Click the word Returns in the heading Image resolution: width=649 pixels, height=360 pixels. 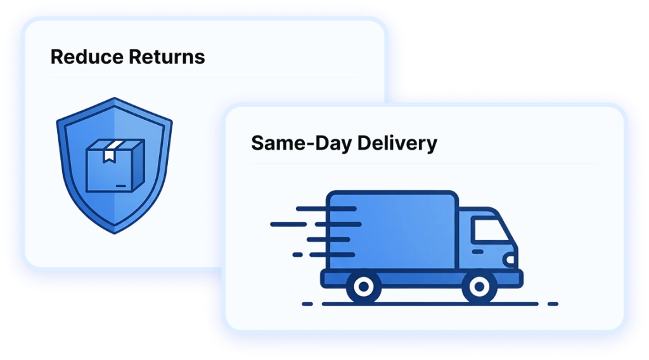coord(167,57)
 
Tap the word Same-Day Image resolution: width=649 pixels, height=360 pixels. coord(301,143)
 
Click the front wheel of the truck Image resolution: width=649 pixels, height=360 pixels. coord(479,287)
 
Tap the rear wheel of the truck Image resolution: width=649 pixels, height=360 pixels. coord(364,287)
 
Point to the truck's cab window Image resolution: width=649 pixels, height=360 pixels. coord(490,231)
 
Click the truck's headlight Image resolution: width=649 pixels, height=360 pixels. coord(510,260)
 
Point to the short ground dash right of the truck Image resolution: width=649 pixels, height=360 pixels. coord(552,304)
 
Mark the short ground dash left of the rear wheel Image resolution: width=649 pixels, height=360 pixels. coord(307,304)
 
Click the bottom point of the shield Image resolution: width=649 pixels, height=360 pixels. coord(114,233)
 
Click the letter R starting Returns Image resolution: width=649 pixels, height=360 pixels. coord(134,57)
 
